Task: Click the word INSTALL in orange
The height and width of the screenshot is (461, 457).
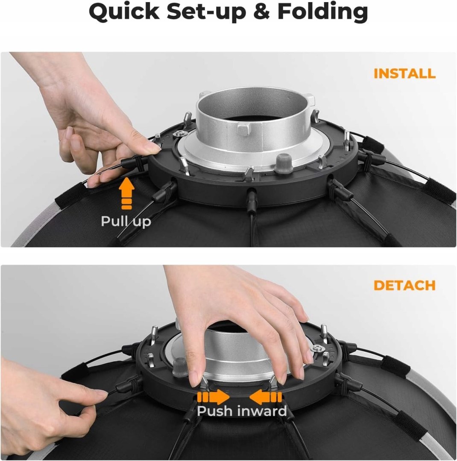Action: tap(404, 73)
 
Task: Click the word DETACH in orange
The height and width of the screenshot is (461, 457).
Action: tap(404, 285)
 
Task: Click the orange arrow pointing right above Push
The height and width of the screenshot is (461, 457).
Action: tap(214, 397)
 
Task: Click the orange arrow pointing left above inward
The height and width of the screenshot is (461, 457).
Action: tap(265, 397)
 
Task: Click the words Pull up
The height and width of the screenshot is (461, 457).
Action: tap(126, 222)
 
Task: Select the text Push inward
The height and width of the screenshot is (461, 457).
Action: tap(242, 411)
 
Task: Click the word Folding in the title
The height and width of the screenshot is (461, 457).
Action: tap(323, 12)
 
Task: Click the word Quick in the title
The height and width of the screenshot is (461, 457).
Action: tap(124, 12)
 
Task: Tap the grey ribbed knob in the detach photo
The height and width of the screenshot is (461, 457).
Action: tap(180, 367)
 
